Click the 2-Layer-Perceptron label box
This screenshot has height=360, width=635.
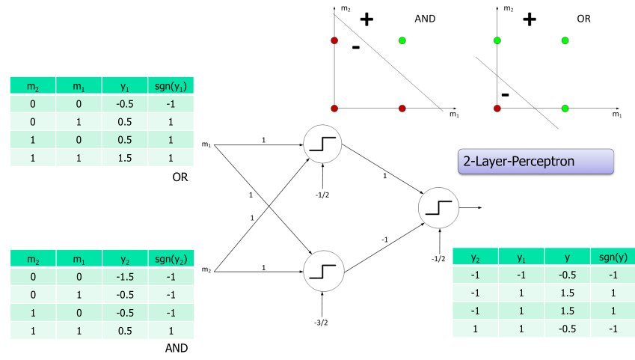[x=535, y=162]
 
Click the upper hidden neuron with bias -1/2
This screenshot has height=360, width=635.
[x=323, y=142]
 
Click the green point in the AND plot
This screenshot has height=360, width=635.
[x=402, y=40]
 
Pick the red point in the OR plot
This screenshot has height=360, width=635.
[x=497, y=109]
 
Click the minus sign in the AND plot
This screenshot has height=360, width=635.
[x=356, y=48]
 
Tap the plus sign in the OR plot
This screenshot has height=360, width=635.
[x=529, y=19]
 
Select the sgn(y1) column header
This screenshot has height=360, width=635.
[x=170, y=85]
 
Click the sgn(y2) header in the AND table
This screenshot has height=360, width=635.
[x=170, y=259]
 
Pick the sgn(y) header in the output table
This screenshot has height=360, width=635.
[x=613, y=257]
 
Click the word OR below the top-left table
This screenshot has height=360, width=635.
[x=179, y=177]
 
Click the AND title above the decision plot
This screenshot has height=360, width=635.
[x=426, y=19]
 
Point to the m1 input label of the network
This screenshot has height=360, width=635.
[x=206, y=143]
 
